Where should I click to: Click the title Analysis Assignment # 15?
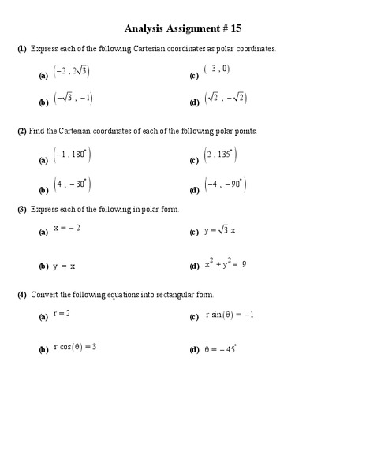click(x=182, y=29)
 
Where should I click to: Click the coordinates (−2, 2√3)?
click(x=71, y=72)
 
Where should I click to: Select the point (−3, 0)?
click(x=216, y=69)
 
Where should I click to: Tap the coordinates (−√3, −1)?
click(x=73, y=98)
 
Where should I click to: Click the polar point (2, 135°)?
click(x=219, y=155)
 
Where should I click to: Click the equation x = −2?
click(x=67, y=228)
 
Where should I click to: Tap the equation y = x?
click(x=65, y=266)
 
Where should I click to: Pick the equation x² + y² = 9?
click(x=226, y=265)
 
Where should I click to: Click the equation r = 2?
click(x=62, y=313)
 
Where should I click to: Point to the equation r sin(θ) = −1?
click(x=230, y=315)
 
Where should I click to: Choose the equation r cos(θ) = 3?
click(x=75, y=347)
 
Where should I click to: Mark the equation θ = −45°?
click(x=222, y=348)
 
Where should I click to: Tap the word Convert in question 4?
click(x=43, y=295)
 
